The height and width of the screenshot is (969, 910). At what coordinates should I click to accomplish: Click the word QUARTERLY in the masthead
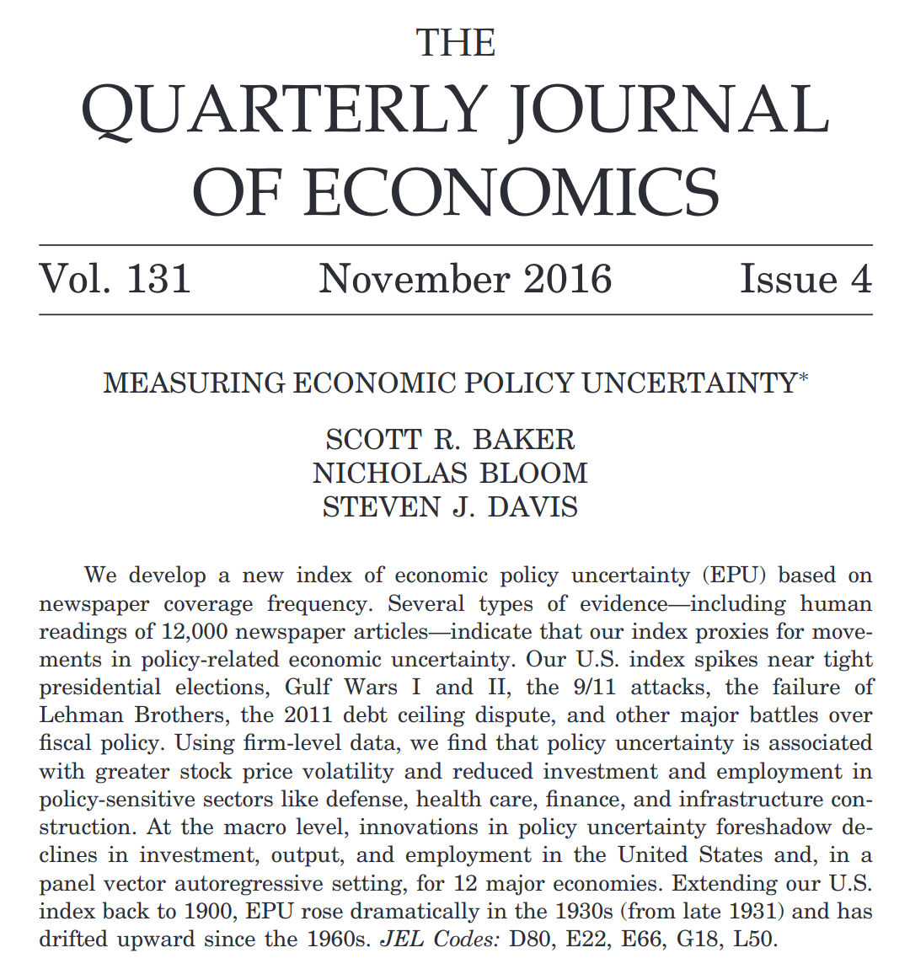click(x=285, y=110)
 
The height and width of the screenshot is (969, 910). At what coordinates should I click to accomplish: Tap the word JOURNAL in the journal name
click(x=671, y=110)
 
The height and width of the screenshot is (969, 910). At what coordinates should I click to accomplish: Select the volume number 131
click(x=158, y=280)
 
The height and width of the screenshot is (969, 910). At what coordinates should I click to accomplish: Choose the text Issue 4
click(x=806, y=280)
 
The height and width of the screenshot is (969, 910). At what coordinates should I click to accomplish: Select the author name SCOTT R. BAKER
click(x=450, y=439)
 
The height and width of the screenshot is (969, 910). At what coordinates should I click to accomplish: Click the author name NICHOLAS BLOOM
click(x=450, y=473)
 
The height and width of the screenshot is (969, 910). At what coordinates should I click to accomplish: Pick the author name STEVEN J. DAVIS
click(x=450, y=507)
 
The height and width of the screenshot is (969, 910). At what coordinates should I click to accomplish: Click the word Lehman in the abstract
click(x=83, y=715)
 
